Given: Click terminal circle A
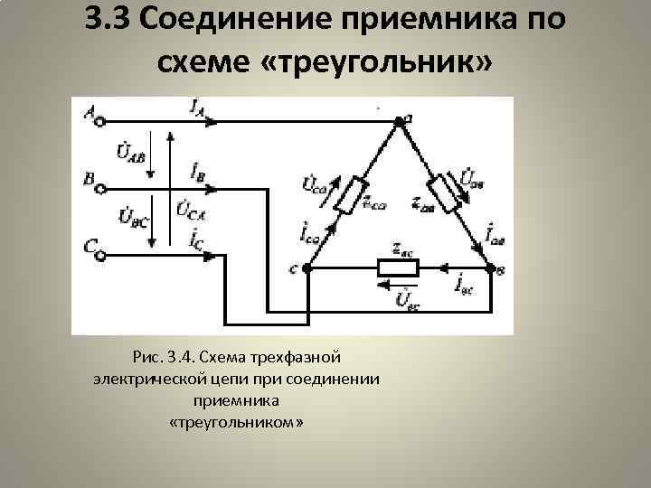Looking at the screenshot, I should [100, 117].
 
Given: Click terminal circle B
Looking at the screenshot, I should [100, 189].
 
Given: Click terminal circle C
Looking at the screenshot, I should [100, 256].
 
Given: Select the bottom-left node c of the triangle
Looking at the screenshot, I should [307, 268].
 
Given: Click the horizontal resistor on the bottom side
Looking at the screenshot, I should [398, 268].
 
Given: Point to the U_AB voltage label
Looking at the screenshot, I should [130, 152].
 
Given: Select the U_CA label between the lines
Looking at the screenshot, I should [189, 214].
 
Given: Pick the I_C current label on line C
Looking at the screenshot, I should [196, 239].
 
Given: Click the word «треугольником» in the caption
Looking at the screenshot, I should [237, 422].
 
